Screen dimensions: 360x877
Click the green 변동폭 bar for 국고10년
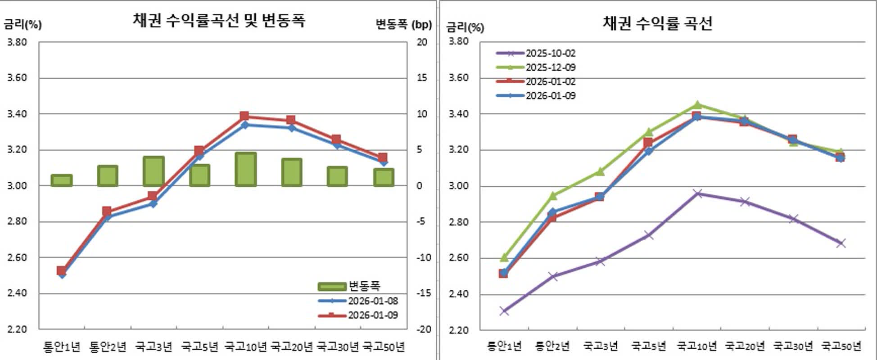click(x=245, y=170)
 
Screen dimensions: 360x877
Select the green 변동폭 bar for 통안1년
click(x=61, y=180)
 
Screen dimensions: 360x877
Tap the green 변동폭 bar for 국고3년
click(x=154, y=171)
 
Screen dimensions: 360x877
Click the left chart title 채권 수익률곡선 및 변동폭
click(x=219, y=21)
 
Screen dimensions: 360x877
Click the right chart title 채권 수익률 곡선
click(x=657, y=23)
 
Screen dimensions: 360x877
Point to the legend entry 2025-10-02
click(x=550, y=53)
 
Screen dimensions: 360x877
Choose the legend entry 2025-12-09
click(x=550, y=67)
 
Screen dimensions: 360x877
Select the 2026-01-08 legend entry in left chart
click(x=373, y=301)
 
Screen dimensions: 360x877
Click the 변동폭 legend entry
click(x=364, y=286)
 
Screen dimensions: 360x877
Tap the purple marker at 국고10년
click(x=697, y=193)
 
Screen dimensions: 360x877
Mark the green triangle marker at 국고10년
click(x=697, y=105)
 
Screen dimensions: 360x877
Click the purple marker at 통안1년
click(x=504, y=311)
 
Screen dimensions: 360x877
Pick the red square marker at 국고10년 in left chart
click(x=244, y=116)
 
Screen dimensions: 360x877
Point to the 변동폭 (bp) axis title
click(x=403, y=24)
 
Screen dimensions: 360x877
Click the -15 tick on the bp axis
click(x=423, y=293)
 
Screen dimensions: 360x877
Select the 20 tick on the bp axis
click(x=422, y=42)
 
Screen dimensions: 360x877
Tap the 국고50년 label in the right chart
click(x=841, y=346)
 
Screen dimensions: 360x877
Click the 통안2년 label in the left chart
click(x=108, y=347)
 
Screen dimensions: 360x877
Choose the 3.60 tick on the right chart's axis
click(x=458, y=78)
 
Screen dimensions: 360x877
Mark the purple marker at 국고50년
click(x=841, y=243)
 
